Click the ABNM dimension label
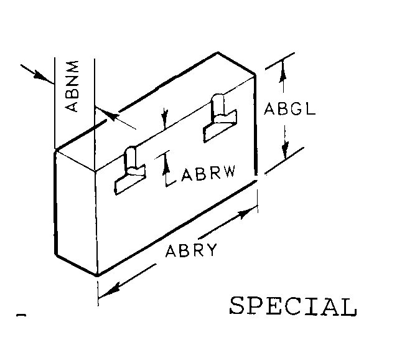coord(72,86)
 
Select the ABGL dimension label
coord(290,108)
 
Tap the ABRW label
coord(208,174)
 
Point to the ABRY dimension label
coord(191,250)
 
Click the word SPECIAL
coord(293,306)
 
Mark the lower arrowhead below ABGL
coord(285,150)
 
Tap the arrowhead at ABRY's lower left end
coord(110,291)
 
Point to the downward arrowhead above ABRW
coord(166,118)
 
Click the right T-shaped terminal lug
coord(220,118)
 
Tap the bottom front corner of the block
coord(97,275)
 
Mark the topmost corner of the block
coord(218,52)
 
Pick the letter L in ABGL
coord(311,108)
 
